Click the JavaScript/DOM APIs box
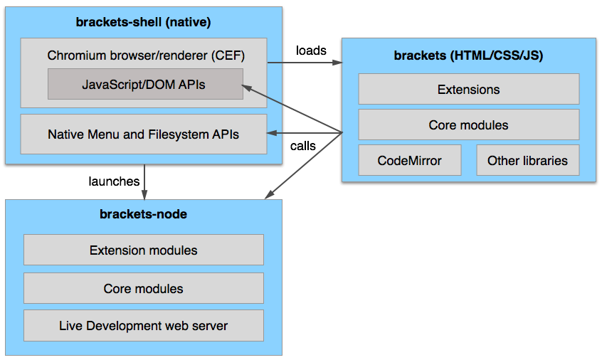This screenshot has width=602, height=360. tap(145, 84)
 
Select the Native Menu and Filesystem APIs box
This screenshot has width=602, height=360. tap(144, 134)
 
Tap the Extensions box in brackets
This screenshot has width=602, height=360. tap(469, 89)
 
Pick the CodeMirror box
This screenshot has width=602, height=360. tap(410, 160)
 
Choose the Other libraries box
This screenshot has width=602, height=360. tap(528, 160)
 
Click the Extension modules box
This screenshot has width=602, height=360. tap(144, 250)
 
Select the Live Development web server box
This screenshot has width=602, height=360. tap(144, 325)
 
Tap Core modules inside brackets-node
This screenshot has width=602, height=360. tap(144, 288)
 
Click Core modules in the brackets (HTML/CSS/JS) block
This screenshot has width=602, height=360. tap(469, 125)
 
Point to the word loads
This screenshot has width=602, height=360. tap(311, 51)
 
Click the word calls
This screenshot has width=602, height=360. tap(303, 146)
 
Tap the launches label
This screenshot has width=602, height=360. tap(114, 181)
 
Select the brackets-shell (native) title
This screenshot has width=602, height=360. tap(143, 22)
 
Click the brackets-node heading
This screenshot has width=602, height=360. tap(143, 213)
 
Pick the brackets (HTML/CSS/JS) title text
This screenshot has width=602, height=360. tap(468, 55)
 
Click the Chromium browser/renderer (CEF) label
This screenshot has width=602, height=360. tap(146, 55)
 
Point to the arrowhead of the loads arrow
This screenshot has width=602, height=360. tap(337, 62)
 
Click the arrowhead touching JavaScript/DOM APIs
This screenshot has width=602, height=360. tap(246, 88)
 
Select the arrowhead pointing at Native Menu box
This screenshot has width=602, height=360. tap(272, 133)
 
